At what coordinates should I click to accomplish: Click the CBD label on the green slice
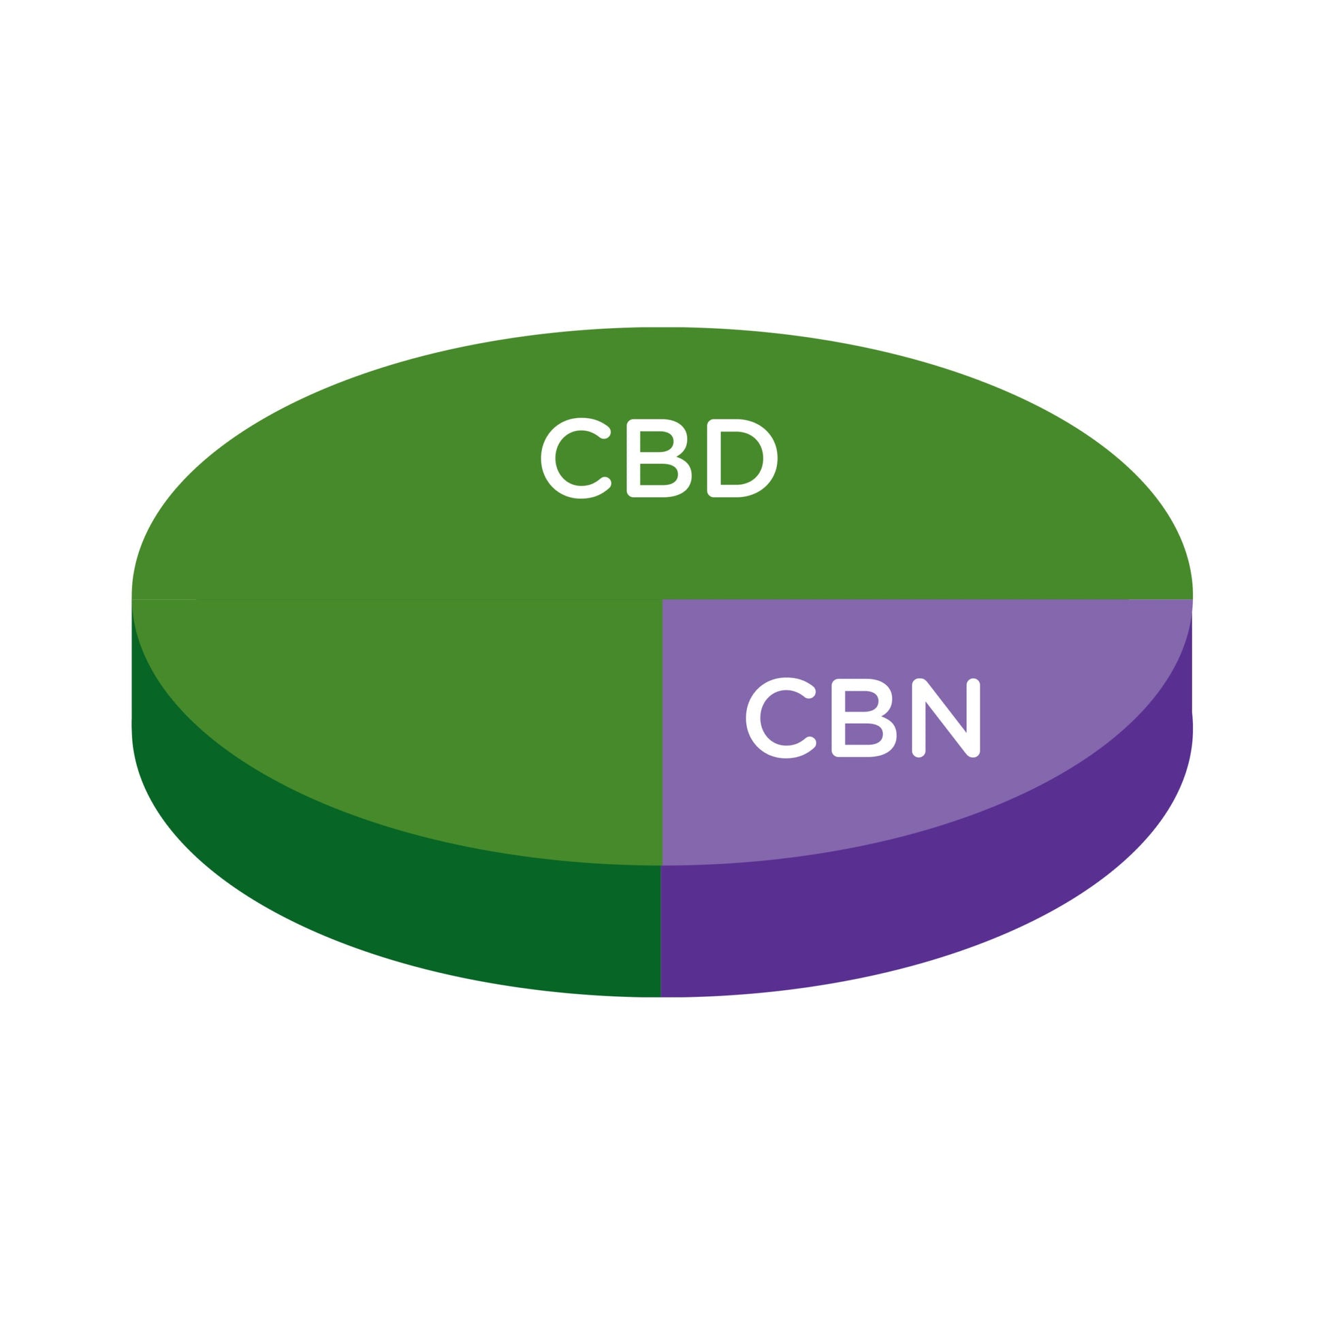pos(659,458)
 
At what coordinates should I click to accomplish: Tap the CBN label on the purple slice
pos(863,718)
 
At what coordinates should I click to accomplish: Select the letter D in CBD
pos(742,458)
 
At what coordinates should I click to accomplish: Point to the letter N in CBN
pos(946,718)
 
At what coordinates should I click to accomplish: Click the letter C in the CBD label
pos(575,458)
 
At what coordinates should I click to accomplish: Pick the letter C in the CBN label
pos(780,718)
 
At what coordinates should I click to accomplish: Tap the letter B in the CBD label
pos(659,458)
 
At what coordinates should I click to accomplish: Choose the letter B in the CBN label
pos(863,718)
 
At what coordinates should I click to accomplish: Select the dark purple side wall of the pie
pos(960,912)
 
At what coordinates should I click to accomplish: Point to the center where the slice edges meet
pos(662,599)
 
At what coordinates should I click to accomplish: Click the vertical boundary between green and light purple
pos(662,733)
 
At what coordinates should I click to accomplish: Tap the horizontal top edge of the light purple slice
pos(927,599)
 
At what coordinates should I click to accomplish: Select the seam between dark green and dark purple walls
pos(660,931)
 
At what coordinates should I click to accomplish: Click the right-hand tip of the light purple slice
pos(1192,601)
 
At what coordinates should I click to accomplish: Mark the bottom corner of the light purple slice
pos(662,865)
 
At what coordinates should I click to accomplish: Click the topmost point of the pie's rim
pos(662,328)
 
